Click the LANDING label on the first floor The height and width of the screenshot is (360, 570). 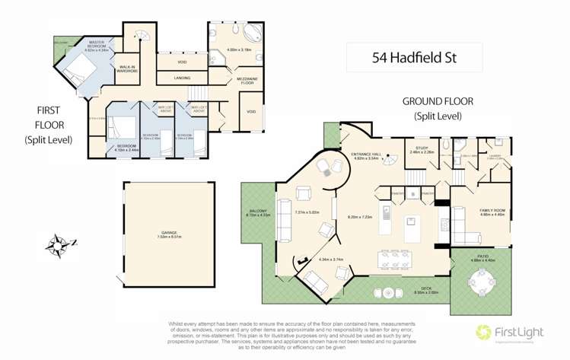(x=181, y=78)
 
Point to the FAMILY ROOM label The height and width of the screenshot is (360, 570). (x=492, y=212)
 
